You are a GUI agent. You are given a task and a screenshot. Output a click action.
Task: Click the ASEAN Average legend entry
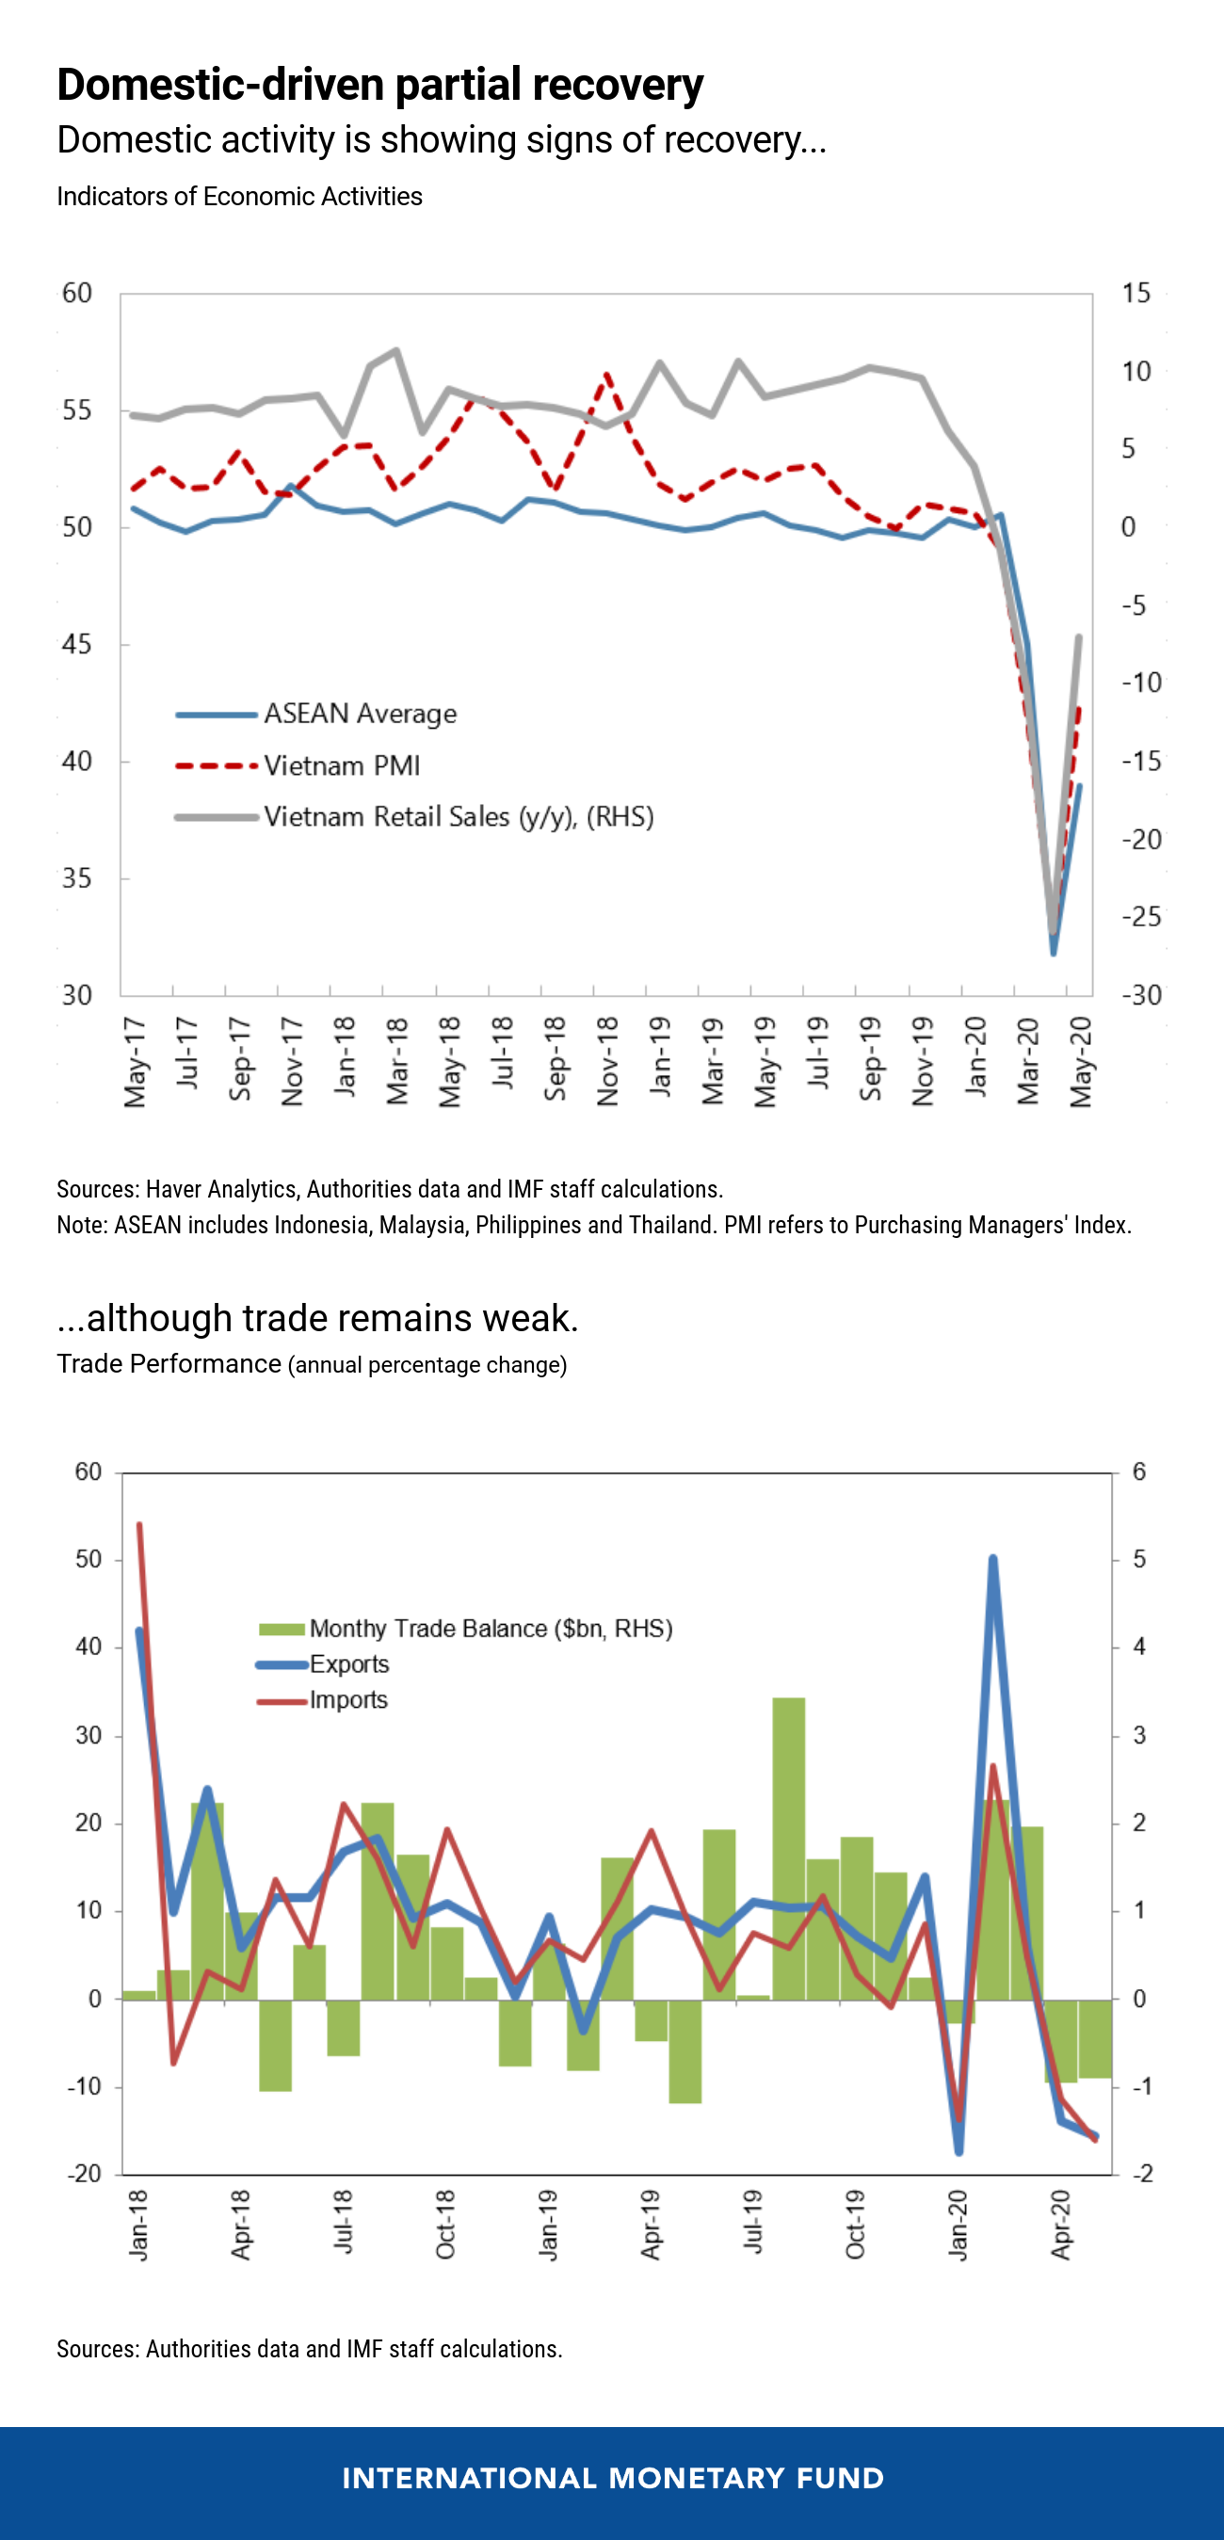pos(360,714)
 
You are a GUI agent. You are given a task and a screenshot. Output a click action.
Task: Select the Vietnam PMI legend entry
pos(341,766)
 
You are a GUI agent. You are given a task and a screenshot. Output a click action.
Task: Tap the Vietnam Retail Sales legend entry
pos(459,817)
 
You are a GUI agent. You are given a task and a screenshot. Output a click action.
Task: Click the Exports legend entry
pos(349,1664)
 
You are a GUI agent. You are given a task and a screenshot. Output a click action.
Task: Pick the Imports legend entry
pos(348,1700)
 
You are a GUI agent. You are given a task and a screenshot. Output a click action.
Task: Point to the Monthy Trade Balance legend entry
pos(491,1628)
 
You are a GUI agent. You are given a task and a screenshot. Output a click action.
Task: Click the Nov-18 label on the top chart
pos(607,1062)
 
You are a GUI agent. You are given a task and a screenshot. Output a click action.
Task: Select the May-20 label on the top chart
pos(1081,1062)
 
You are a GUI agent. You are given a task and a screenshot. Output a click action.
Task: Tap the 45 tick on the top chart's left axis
pos(77,645)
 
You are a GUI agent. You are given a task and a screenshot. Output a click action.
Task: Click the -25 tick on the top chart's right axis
pos(1141,917)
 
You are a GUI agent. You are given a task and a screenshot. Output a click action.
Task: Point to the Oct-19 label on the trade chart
pos(855,2225)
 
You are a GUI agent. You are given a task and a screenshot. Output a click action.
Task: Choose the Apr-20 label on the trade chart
pos(1060,2225)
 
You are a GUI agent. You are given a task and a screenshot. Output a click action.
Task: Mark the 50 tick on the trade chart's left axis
pos(89,1559)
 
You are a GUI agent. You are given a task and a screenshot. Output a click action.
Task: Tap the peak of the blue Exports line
pos(992,1559)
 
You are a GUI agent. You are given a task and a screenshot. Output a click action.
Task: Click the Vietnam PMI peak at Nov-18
pos(606,375)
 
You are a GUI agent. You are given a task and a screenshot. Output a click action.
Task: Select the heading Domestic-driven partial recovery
pos(379,85)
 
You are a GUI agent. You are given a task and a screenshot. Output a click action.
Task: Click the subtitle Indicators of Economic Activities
pos(240,196)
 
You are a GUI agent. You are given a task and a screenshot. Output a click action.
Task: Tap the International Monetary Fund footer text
pos(613,2479)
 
